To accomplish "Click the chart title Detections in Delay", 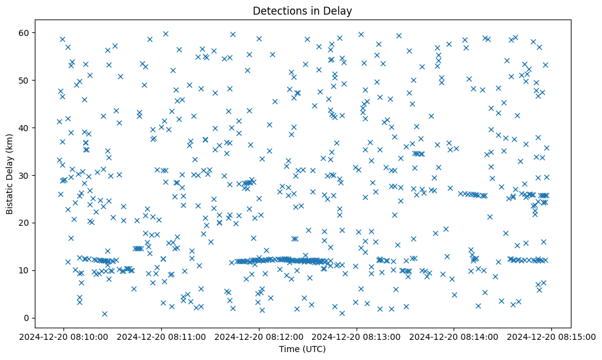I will point(303,11).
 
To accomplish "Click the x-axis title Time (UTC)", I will point(303,349).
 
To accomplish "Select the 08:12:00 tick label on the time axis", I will point(259,336).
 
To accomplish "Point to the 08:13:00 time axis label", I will point(357,336).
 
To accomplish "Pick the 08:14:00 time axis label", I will point(454,336).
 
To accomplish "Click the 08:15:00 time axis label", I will point(552,336).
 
